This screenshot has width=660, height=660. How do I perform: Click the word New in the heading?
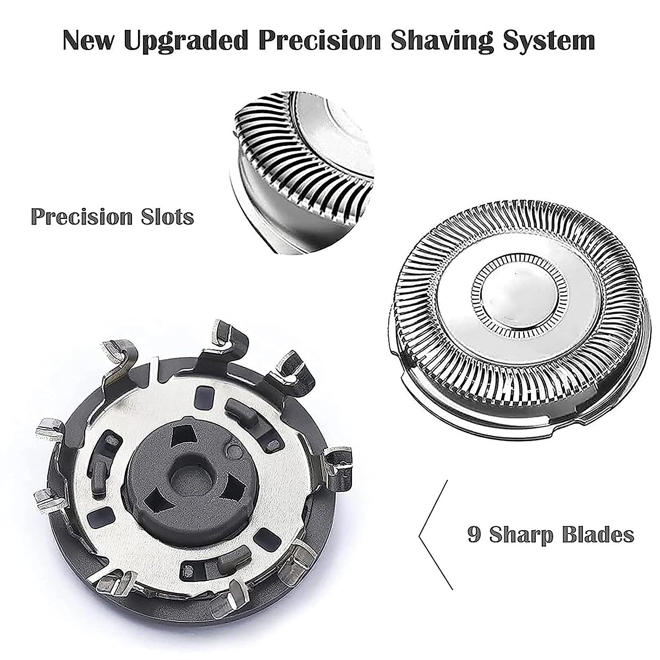click(90, 41)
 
